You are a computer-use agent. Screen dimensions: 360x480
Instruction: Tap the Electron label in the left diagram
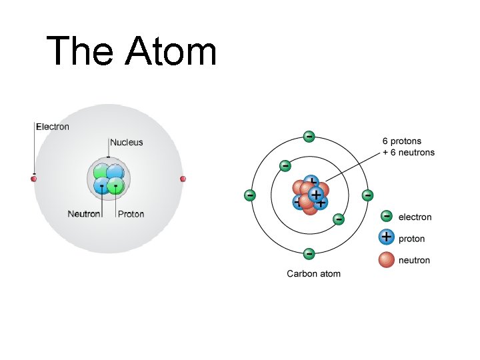[x=52, y=127]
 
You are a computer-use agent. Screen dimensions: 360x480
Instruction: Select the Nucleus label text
[x=126, y=142]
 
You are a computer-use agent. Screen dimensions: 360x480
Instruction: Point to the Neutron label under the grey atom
[x=84, y=214]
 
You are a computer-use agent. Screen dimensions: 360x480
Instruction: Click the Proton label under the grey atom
[x=131, y=214]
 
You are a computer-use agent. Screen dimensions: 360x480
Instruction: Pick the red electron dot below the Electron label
[x=34, y=179]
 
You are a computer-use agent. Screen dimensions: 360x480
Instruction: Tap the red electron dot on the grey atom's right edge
[x=183, y=179]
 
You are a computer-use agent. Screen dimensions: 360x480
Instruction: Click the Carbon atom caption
[x=313, y=274]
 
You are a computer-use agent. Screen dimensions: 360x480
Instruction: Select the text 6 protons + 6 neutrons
[x=408, y=147]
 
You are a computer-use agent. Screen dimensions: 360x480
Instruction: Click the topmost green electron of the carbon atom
[x=309, y=137]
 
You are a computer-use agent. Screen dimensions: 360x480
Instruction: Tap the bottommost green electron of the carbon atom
[x=309, y=253]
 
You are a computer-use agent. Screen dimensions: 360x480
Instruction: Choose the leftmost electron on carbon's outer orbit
[x=249, y=195]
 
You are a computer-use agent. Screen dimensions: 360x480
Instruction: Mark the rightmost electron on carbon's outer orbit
[x=367, y=195]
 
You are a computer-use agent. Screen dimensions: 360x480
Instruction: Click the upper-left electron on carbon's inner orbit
[x=285, y=165]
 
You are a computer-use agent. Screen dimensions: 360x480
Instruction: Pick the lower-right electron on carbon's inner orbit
[x=339, y=218]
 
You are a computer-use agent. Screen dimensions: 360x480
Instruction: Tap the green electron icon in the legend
[x=386, y=216]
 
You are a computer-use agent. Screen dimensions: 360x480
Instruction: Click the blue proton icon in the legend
[x=386, y=237]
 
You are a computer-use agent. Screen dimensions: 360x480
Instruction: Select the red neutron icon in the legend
[x=386, y=259]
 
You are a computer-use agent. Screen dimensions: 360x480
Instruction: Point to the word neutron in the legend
[x=414, y=260]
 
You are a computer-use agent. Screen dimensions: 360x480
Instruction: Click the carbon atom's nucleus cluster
[x=309, y=195]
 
